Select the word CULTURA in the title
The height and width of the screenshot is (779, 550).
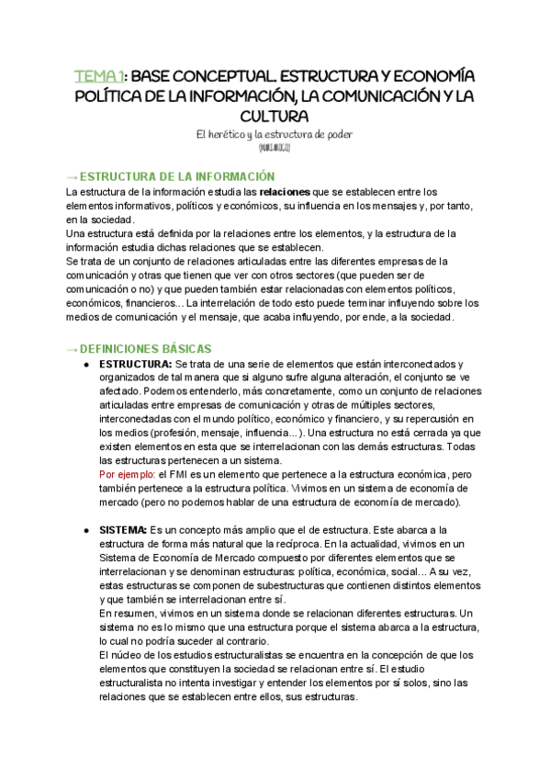point(275,116)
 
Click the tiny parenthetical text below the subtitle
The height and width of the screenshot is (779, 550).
point(275,147)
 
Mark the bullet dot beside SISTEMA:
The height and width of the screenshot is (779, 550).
point(87,530)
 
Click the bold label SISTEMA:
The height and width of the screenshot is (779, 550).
point(123,530)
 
